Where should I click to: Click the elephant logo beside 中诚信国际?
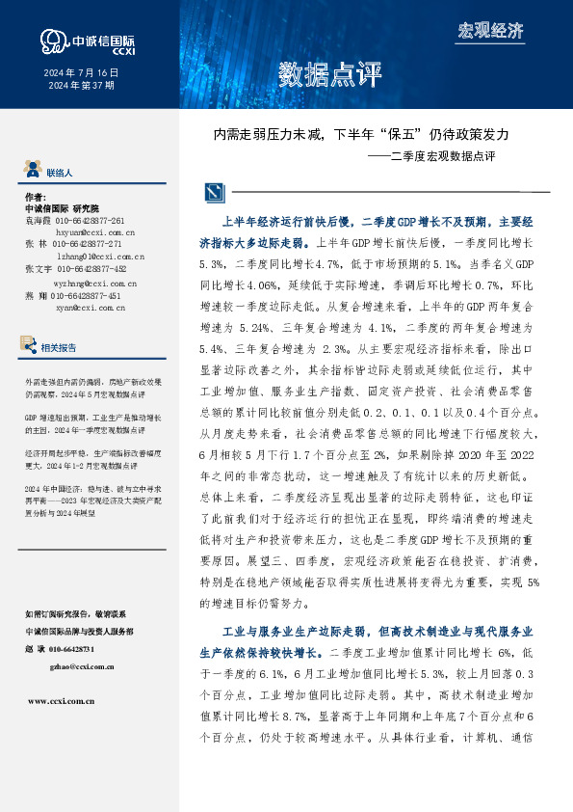(53, 41)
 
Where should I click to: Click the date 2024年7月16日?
(82, 72)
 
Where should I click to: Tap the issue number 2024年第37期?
(82, 85)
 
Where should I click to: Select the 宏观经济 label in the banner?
(489, 30)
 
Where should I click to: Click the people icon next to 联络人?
(33, 172)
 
